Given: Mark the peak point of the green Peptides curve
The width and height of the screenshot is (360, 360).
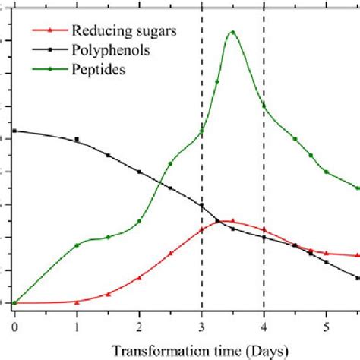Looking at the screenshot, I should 232,33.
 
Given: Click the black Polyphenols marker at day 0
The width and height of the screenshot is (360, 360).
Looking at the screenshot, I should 14,131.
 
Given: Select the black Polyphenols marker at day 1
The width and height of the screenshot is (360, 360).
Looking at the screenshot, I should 77,140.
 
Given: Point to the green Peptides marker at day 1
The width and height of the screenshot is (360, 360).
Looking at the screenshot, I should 77,245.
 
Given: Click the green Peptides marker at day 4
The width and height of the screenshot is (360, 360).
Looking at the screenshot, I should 264,105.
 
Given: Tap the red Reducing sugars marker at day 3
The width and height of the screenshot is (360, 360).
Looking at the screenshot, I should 201,229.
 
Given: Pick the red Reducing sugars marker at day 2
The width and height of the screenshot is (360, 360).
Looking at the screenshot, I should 139,277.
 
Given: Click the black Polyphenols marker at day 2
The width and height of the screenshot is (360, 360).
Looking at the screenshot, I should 139,172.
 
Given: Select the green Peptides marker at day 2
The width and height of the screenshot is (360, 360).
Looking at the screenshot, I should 139,221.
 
